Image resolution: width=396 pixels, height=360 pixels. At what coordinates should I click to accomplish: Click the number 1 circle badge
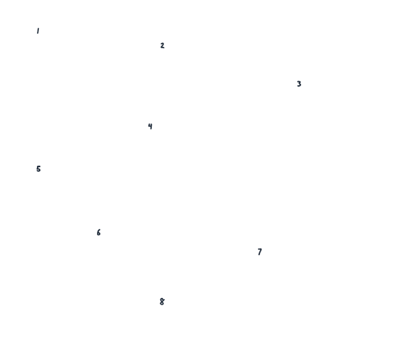tap(37, 30)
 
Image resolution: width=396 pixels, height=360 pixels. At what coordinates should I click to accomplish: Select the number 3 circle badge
tap(298, 85)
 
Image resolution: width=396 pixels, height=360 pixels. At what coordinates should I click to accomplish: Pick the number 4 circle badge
tap(151, 126)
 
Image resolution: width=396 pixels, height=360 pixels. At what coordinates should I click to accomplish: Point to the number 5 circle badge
tap(38, 170)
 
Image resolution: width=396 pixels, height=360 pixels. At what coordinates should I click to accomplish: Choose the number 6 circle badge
tap(98, 233)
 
